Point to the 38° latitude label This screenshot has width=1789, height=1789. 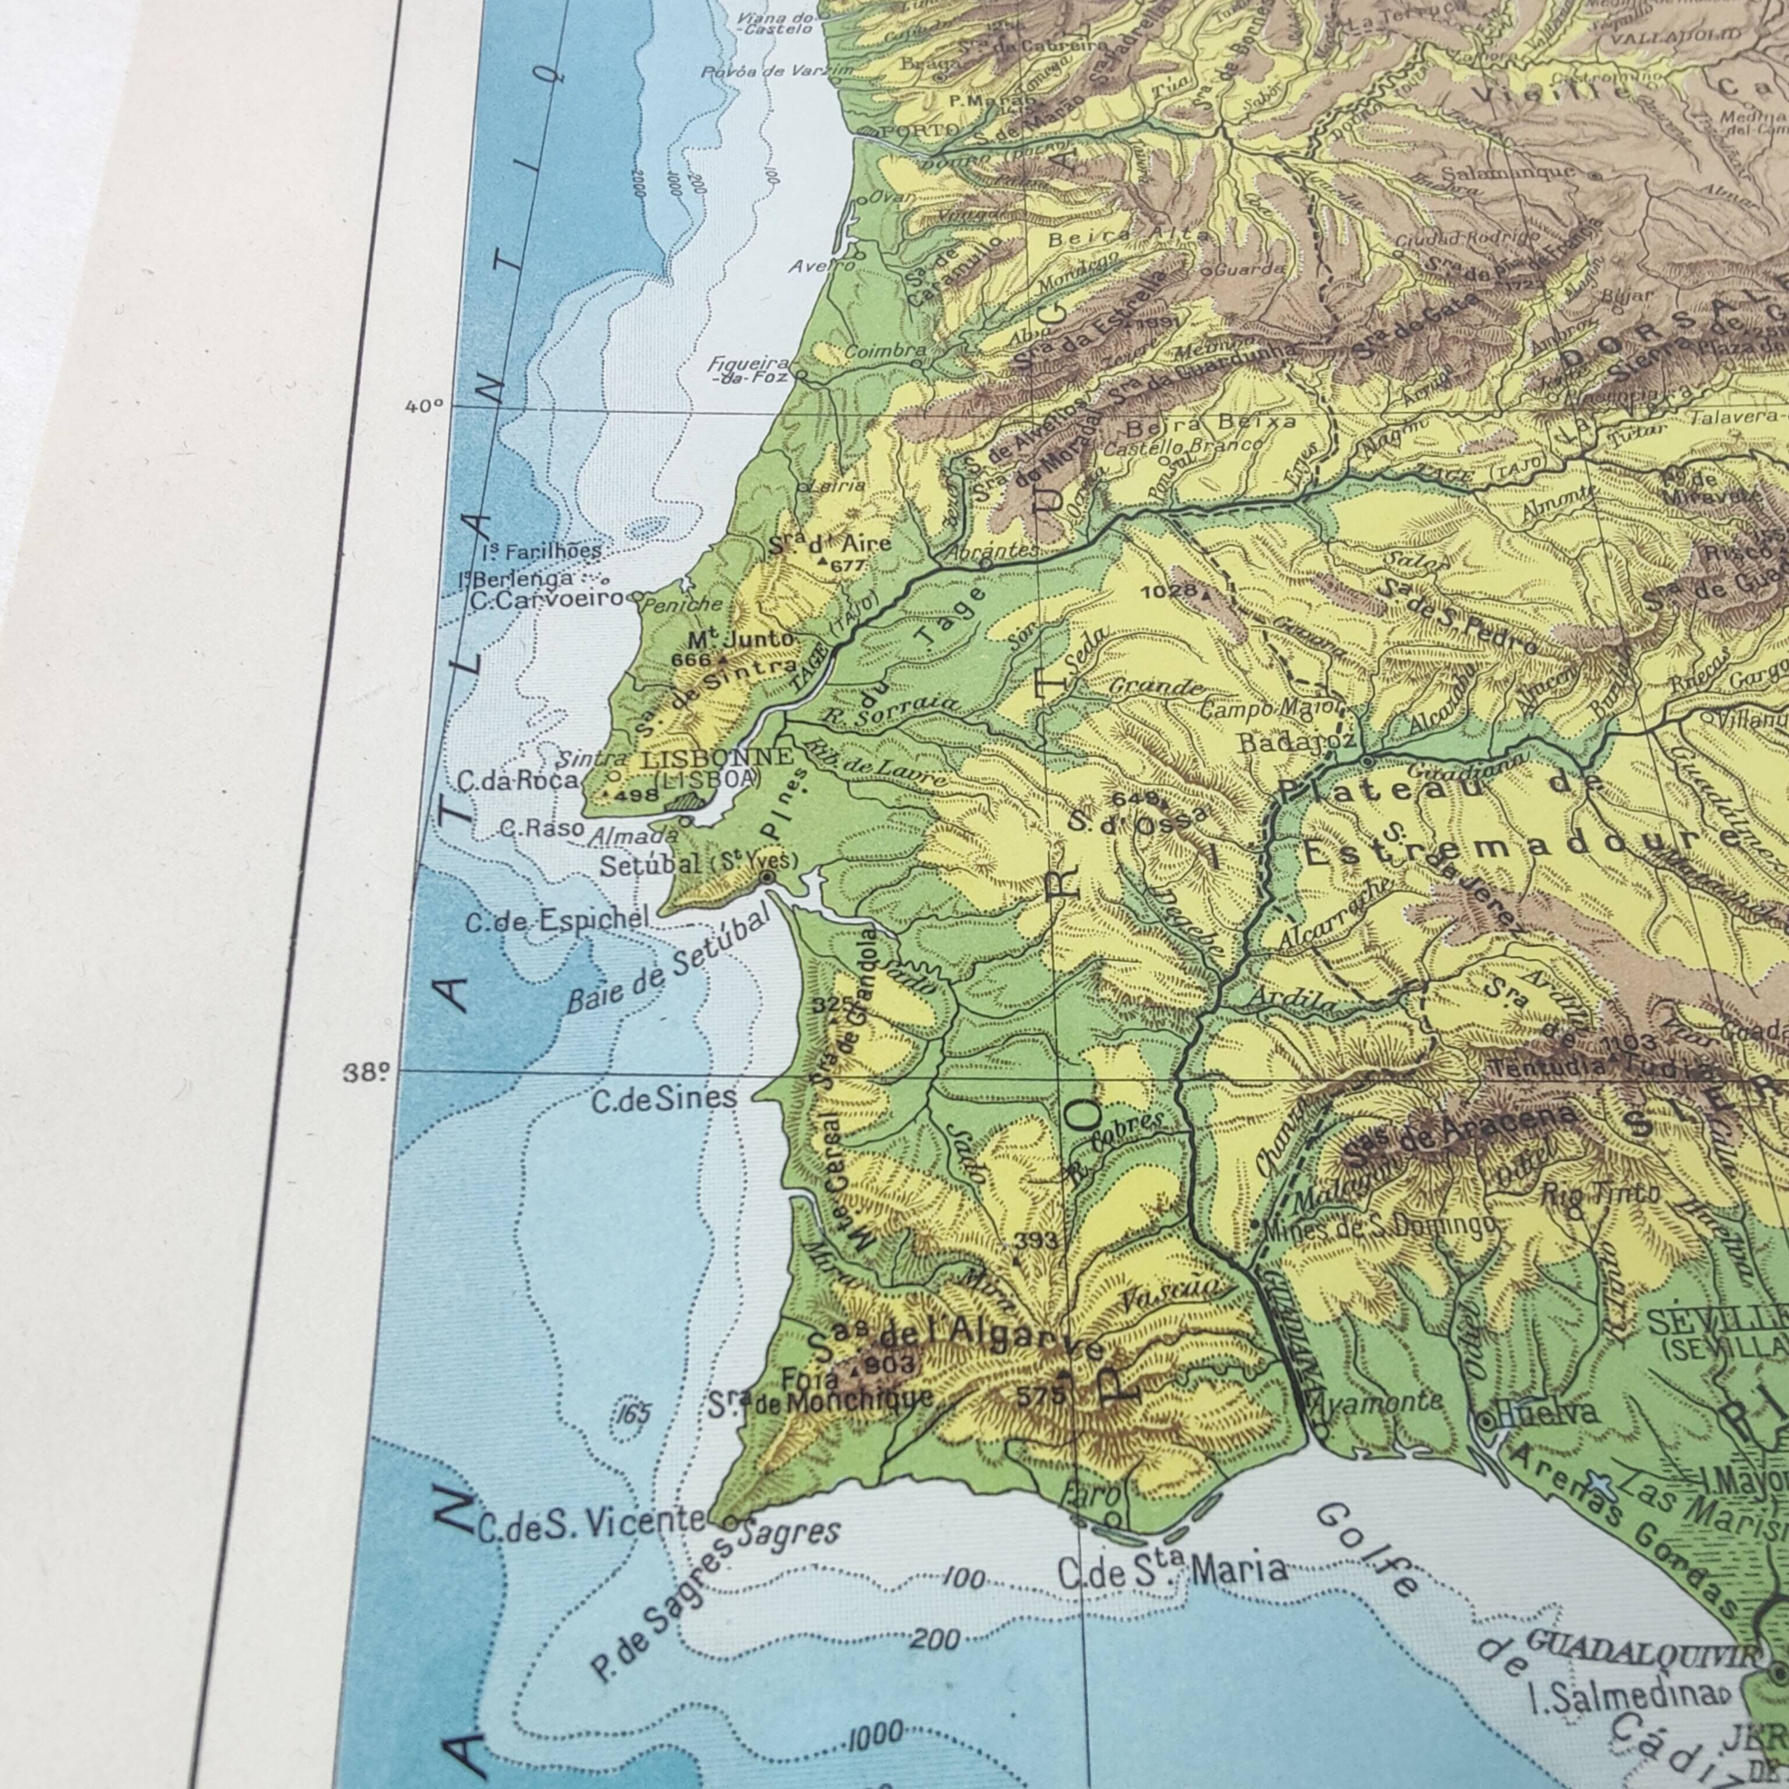coord(365,1073)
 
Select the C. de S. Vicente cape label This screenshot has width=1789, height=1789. coord(591,1523)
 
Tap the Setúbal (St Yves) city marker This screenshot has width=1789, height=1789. coord(767,876)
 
